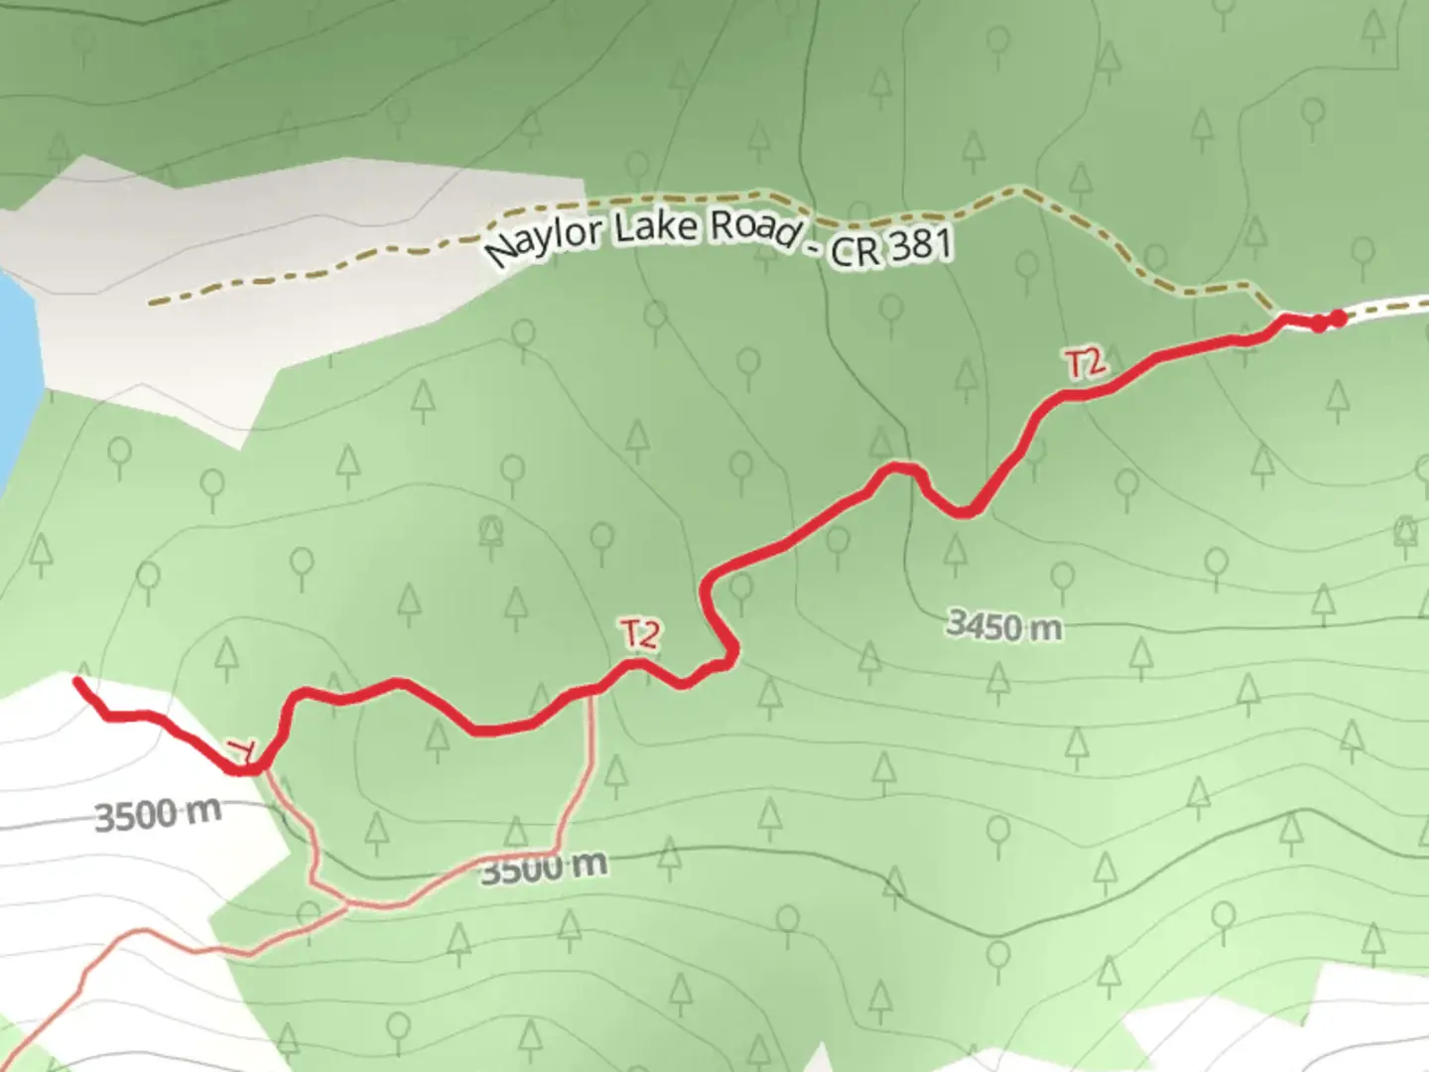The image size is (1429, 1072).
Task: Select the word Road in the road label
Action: [754, 227]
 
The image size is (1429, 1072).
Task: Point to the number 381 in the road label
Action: [919, 244]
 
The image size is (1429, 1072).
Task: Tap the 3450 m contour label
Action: [1003, 625]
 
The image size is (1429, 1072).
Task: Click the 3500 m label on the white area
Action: [157, 815]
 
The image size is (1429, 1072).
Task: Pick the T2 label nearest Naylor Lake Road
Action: [1085, 364]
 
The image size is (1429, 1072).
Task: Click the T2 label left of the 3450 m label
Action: [641, 634]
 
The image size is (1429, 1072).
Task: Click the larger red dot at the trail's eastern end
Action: [1338, 318]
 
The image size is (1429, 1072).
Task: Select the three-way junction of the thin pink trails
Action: [346, 903]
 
